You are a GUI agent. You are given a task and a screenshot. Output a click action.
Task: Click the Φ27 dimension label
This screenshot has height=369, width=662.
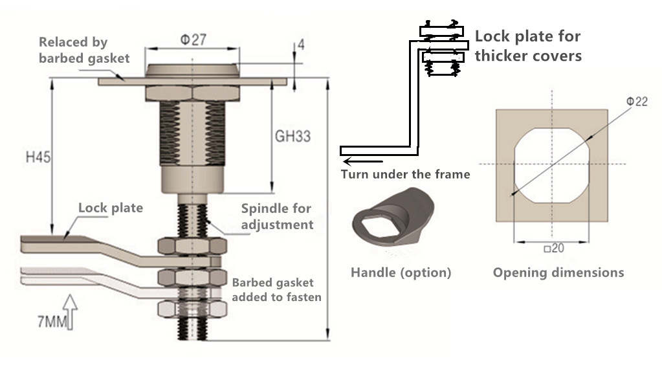[x=193, y=39]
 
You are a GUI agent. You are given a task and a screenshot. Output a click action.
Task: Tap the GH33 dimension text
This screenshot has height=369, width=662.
[x=292, y=137]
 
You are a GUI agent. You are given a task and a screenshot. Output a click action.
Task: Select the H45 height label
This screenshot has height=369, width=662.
[x=38, y=157]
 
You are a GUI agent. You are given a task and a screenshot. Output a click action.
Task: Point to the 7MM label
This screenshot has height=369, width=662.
[x=52, y=322]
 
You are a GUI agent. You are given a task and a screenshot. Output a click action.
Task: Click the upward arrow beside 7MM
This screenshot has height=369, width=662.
[x=71, y=312]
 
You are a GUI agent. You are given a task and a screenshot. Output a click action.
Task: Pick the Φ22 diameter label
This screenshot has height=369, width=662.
[x=637, y=102]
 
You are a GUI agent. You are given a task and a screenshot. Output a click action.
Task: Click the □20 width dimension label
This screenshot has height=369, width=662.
[x=554, y=248]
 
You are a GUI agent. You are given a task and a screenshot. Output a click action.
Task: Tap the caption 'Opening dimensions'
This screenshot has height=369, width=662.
[x=558, y=273]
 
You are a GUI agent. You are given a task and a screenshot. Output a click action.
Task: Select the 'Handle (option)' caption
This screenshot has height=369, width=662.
[x=401, y=273]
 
